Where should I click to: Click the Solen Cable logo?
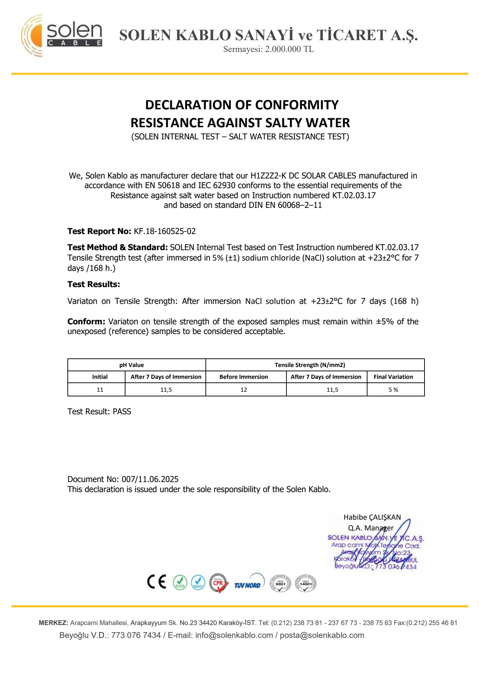(62, 35)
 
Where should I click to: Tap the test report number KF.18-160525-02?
(165, 231)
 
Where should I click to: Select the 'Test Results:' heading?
(94, 284)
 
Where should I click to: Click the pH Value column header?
(132, 365)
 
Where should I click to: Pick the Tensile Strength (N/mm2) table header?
(310, 365)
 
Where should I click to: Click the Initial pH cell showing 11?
(100, 390)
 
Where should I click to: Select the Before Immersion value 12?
(244, 390)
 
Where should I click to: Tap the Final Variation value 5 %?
(393, 390)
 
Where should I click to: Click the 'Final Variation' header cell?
(393, 377)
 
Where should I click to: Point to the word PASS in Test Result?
(122, 411)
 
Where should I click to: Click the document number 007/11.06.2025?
(150, 479)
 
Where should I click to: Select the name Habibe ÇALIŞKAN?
(372, 517)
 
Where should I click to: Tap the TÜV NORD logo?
(248, 584)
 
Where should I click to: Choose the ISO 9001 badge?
(280, 583)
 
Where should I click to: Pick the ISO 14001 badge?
(305, 583)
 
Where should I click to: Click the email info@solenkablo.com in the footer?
(234, 635)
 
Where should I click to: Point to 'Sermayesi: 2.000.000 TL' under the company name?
(269, 49)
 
